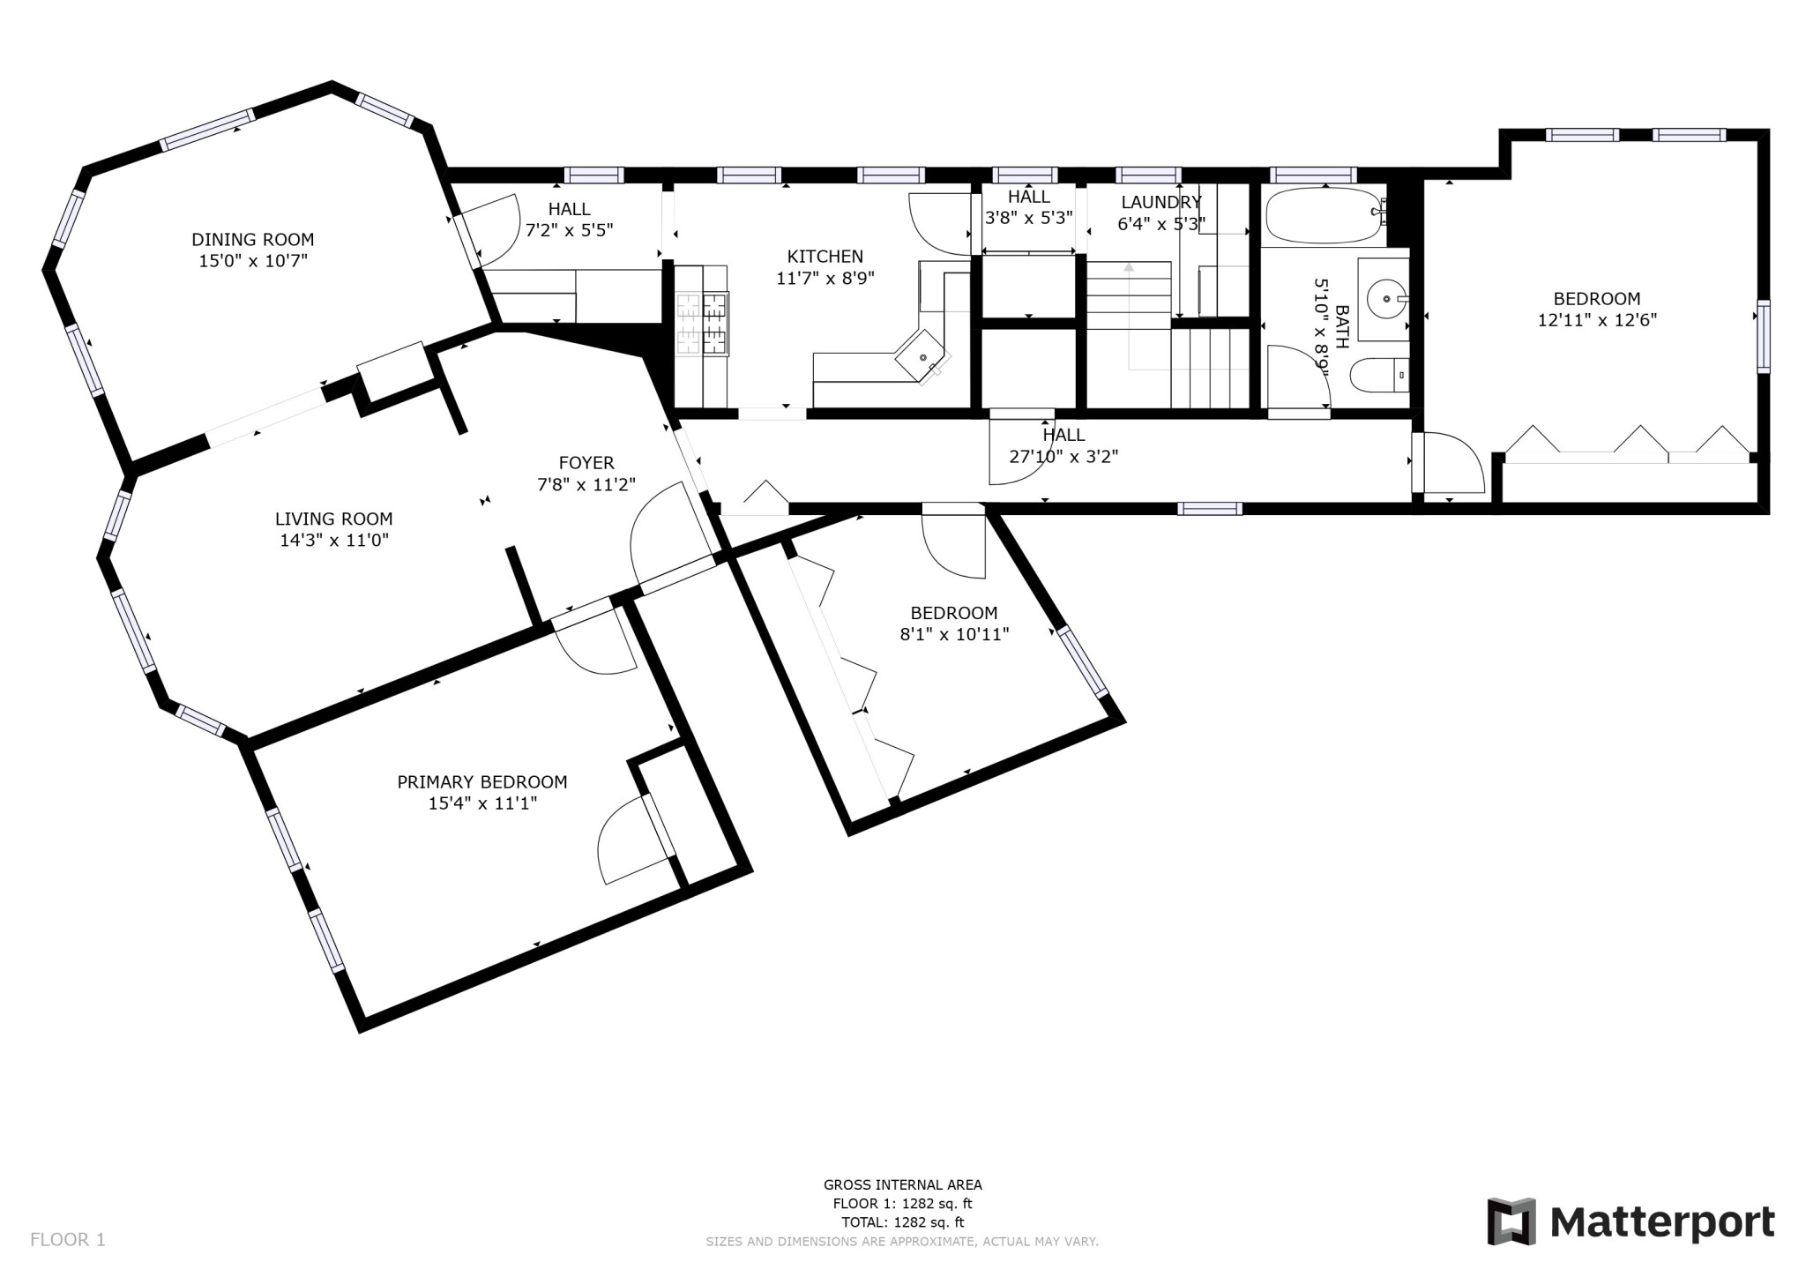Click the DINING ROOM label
point(252,240)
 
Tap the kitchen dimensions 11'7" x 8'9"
point(825,279)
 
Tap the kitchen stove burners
point(702,325)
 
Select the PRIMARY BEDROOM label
point(481,782)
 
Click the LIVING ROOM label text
point(333,519)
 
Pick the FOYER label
point(586,463)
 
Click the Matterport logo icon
point(1511,1222)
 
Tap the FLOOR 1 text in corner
point(68,1240)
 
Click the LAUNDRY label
point(1160,202)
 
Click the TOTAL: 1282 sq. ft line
point(902,1222)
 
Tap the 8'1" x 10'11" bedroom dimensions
point(954,634)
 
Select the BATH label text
point(1342,327)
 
